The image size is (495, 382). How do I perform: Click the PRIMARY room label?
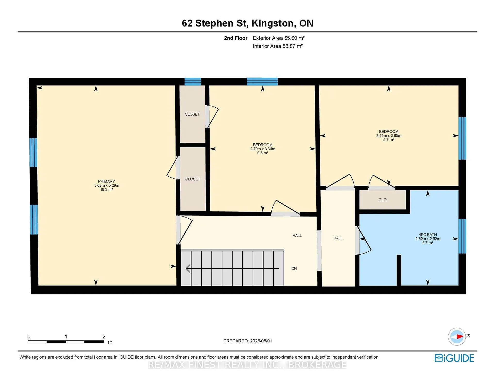[106, 181]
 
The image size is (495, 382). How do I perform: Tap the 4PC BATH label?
[428, 235]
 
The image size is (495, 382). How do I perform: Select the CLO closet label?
[383, 200]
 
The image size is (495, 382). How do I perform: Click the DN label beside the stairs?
[294, 268]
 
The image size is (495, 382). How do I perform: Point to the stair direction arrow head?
[188, 268]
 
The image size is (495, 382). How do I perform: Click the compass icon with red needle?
[457, 336]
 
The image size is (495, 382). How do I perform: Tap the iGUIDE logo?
[454, 358]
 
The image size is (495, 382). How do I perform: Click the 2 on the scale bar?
[104, 336]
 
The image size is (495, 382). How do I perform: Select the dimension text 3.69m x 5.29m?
[106, 185]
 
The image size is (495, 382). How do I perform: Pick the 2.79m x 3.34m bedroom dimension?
[263, 149]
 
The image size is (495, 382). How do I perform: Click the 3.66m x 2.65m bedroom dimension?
[389, 136]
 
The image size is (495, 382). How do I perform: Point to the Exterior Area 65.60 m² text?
[279, 38]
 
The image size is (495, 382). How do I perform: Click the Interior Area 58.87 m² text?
[278, 46]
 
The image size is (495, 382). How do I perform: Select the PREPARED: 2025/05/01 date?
[247, 341]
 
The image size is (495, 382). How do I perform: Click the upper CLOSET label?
[192, 114]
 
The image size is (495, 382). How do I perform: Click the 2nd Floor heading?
[236, 38]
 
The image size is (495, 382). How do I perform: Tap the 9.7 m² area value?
[389, 140]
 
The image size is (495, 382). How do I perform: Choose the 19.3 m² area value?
[106, 189]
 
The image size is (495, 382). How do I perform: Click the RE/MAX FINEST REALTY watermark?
[247, 365]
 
